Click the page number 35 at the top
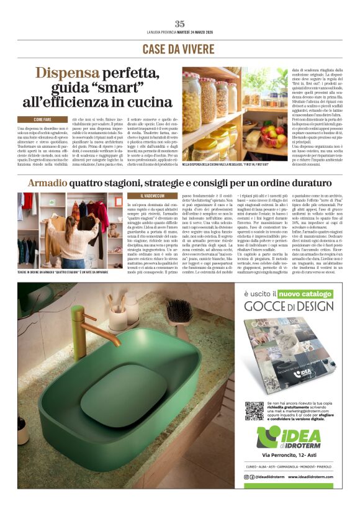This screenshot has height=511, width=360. pyautogui.click(x=179, y=24)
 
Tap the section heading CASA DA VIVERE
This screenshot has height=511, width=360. pyautogui.click(x=179, y=48)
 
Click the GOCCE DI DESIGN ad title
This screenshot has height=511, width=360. pyautogui.click(x=289, y=306)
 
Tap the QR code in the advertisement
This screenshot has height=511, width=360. pyautogui.click(x=254, y=410)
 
